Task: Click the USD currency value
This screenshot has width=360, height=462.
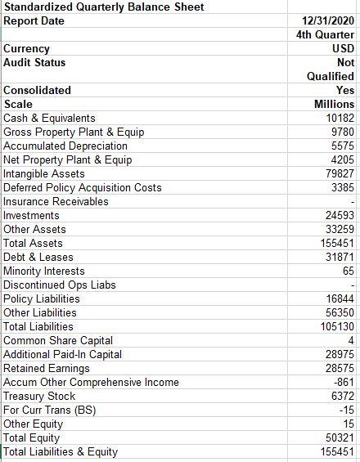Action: click(344, 48)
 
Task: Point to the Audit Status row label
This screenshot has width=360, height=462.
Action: click(35, 62)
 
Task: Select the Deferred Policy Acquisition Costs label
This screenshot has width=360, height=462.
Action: click(83, 187)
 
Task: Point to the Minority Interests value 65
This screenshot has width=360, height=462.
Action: click(348, 271)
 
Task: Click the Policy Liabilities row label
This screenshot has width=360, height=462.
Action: click(42, 298)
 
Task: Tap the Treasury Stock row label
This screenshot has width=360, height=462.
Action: click(39, 396)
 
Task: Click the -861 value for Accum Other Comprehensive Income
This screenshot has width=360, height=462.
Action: click(344, 382)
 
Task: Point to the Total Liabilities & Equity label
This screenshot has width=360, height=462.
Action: click(61, 451)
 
